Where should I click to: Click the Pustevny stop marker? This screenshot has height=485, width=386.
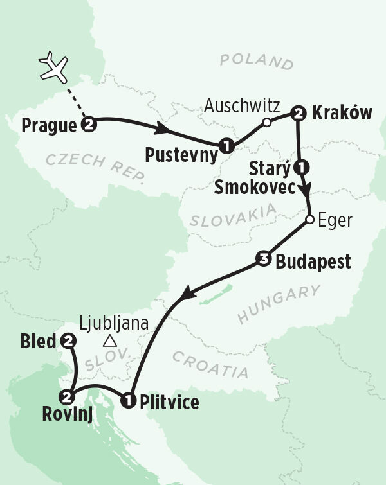coord(225,145)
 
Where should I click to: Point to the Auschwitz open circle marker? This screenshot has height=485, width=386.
coord(266,122)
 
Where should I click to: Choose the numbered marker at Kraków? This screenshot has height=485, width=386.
coord(297,114)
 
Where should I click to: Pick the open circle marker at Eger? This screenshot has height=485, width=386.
coord(309,220)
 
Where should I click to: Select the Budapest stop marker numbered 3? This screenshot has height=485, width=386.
coord(262,260)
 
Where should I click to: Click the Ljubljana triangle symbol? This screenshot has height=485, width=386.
coord(111,340)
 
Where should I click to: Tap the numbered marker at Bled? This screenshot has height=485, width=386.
coord(67,342)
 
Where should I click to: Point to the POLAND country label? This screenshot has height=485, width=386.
coord(256,62)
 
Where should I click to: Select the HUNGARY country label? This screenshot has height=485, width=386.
coord(279,304)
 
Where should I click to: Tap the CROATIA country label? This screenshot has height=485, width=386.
coord(210,365)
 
